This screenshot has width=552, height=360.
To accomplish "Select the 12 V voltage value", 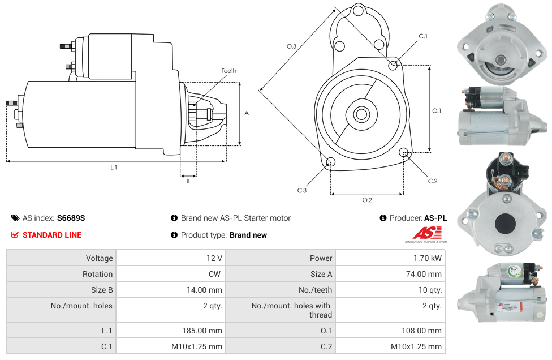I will [x=214, y=258].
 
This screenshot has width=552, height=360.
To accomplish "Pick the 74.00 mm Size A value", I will [x=425, y=274].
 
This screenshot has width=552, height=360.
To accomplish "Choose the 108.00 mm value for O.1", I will [x=424, y=331].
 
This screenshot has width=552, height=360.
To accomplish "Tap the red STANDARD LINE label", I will [x=51, y=235].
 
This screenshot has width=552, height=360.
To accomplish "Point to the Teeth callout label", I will [x=228, y=71].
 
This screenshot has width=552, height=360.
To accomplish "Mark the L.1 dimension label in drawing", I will [x=114, y=167].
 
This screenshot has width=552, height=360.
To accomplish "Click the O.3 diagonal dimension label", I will [x=291, y=46].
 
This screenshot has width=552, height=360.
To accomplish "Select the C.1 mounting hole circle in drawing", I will [x=393, y=66].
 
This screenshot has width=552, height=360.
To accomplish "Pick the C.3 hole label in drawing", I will [x=302, y=190].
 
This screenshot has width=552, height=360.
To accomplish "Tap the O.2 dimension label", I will [x=366, y=199].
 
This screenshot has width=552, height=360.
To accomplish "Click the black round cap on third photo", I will [x=505, y=224].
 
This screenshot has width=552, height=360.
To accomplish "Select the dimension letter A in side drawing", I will [x=246, y=113].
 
